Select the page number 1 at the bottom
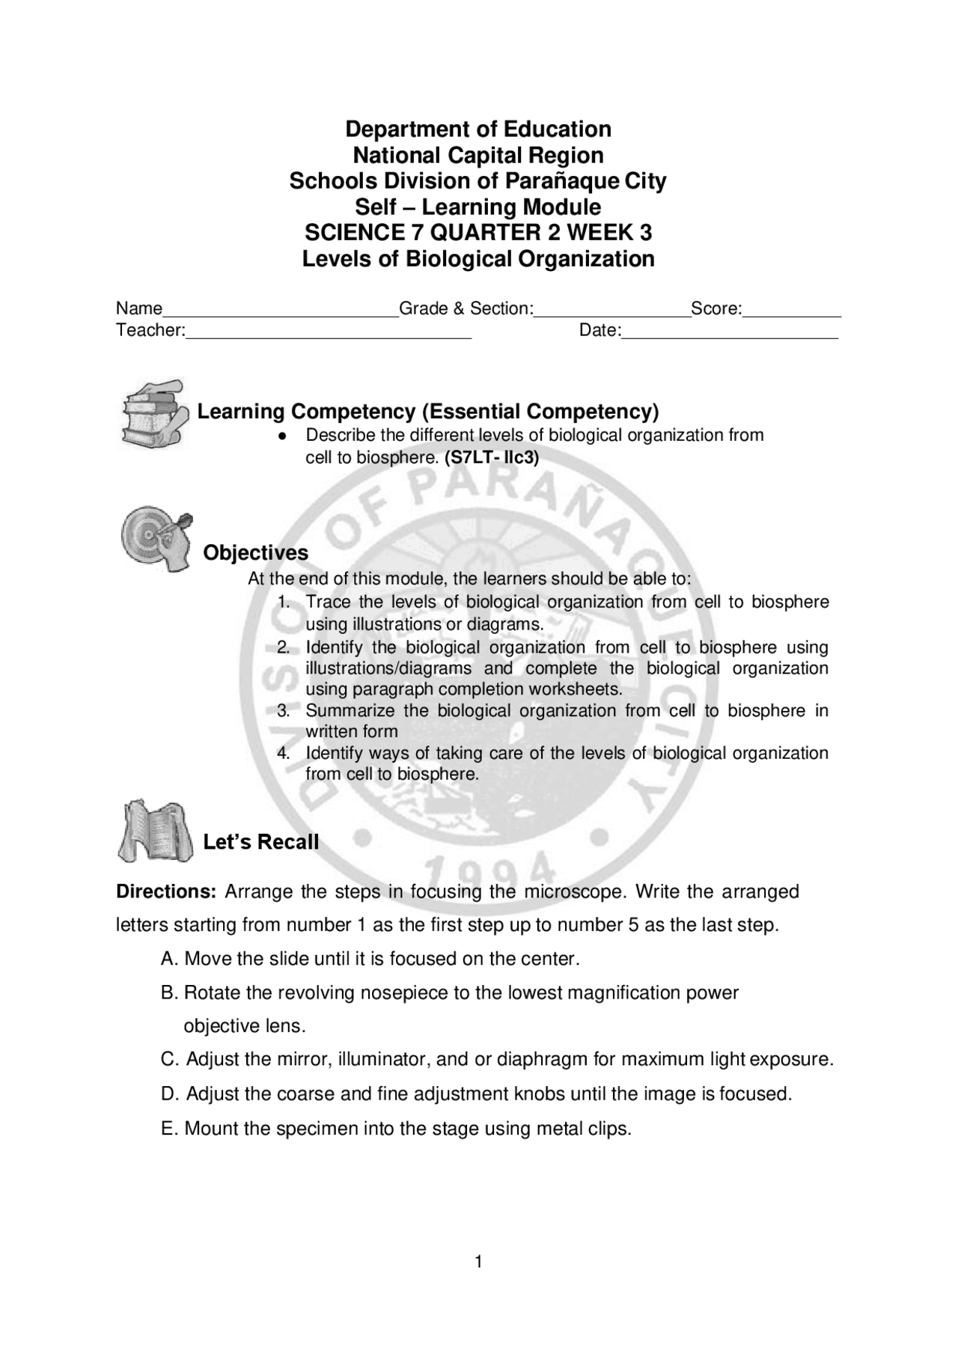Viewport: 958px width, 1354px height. (x=478, y=1263)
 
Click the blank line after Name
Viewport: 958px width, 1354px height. (x=281, y=313)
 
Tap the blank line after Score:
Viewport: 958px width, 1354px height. (x=792, y=313)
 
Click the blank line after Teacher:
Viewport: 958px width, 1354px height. (x=329, y=335)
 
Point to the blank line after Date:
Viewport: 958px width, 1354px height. (x=730, y=335)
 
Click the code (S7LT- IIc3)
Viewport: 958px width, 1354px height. (x=492, y=457)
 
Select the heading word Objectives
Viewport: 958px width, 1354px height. (x=256, y=552)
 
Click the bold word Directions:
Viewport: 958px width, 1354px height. (x=166, y=891)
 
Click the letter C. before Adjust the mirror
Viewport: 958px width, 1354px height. (x=170, y=1059)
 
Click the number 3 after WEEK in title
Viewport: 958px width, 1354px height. (x=645, y=233)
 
